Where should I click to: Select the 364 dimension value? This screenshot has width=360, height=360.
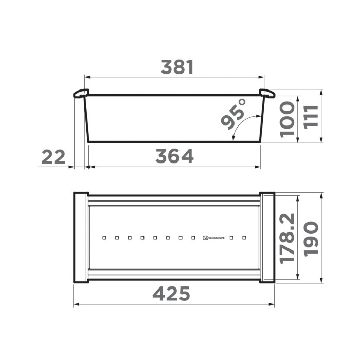[x=174, y=156]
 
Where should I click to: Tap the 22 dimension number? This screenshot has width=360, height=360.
[x=53, y=157]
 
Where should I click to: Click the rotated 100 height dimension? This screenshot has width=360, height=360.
[x=287, y=119]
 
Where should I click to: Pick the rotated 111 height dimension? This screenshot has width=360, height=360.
[x=311, y=117]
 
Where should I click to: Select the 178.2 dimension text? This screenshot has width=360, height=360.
[x=287, y=238]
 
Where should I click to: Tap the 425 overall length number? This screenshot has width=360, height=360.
[x=172, y=294]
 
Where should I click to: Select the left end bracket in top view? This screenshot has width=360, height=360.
[x=81, y=237]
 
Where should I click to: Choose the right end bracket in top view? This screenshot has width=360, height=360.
[x=267, y=237]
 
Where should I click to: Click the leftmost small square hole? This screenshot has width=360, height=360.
[x=104, y=238]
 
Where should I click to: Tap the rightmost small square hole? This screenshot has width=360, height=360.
[x=245, y=238]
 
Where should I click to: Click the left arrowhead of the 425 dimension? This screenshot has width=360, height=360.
[x=76, y=305]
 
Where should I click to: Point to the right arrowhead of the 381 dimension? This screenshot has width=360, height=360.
[x=262, y=77]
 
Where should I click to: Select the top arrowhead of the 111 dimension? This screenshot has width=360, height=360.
[x=321, y=92]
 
